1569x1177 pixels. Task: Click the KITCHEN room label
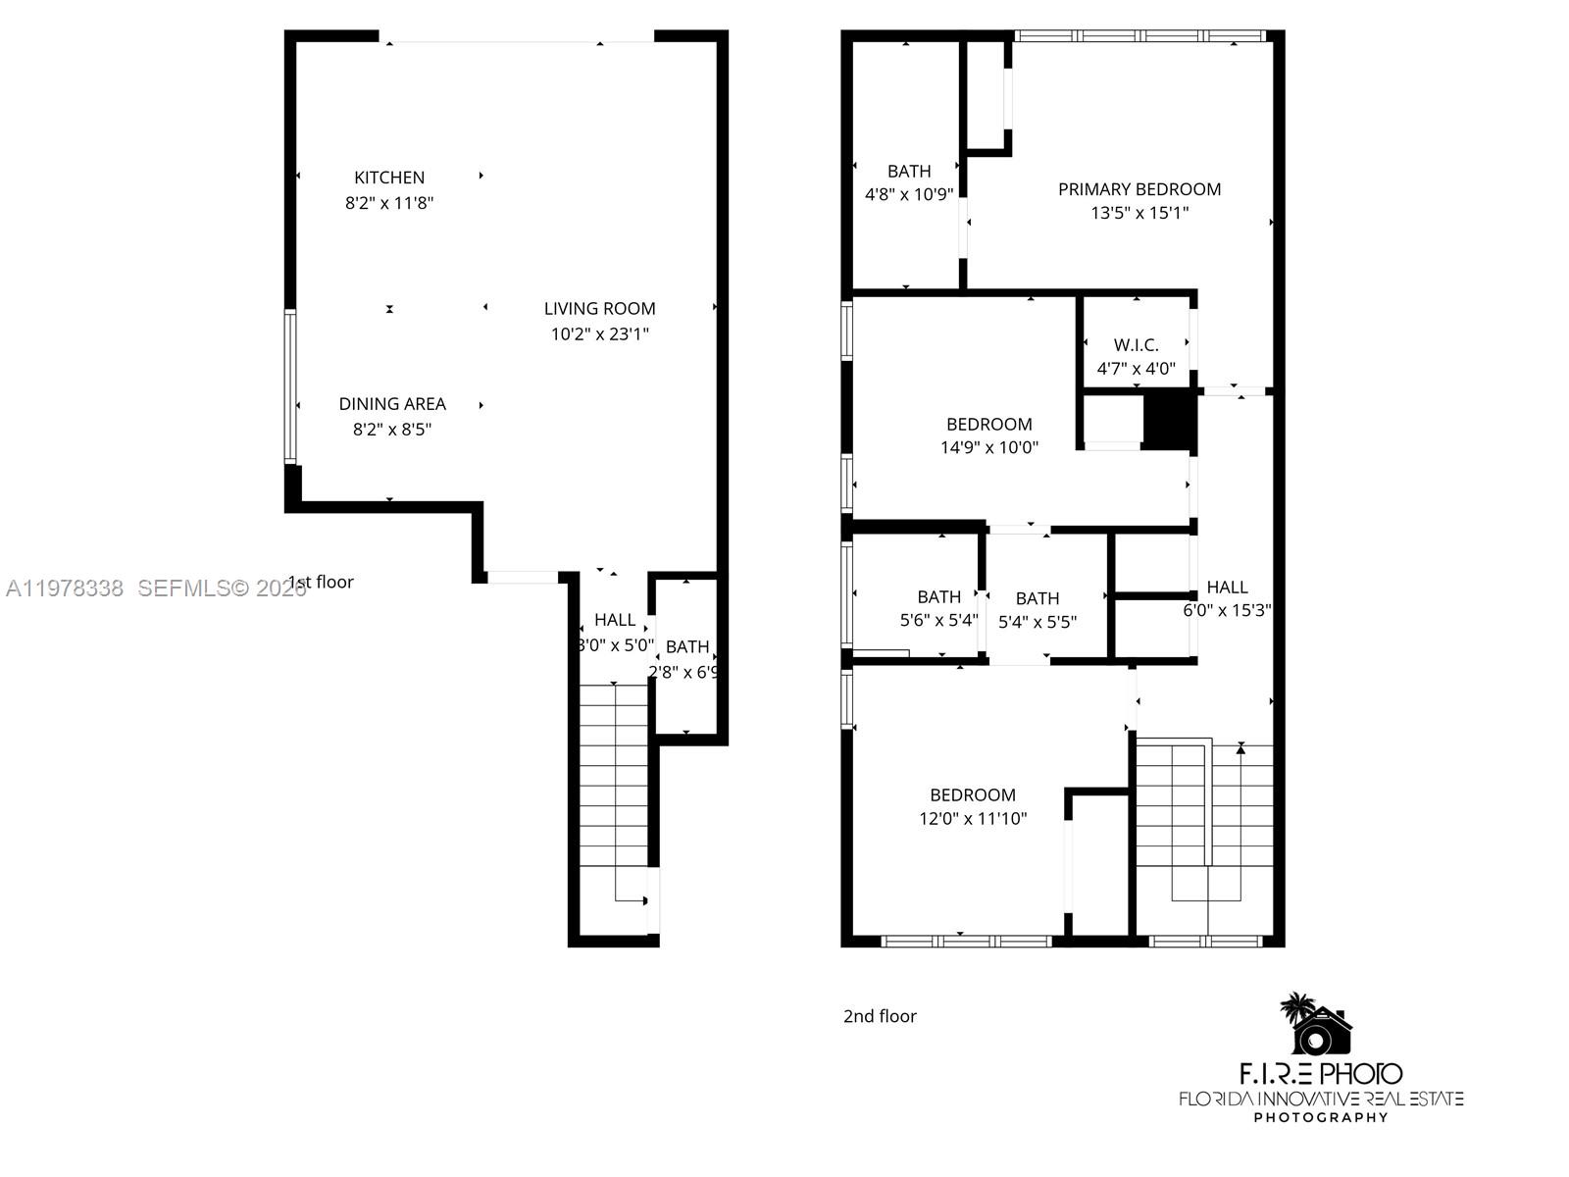coord(389,178)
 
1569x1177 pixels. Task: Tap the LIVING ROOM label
coord(599,308)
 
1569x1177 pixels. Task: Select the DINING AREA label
coord(392,403)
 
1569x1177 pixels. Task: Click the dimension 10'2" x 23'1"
coord(599,333)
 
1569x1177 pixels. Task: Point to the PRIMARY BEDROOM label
coord(1139,189)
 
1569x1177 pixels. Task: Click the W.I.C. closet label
coord(1136,344)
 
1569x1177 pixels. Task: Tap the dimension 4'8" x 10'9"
coord(908,194)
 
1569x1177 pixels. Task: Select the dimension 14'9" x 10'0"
coord(988,447)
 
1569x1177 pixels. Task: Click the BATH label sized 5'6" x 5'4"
coord(938,596)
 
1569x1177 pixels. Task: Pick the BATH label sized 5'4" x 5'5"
coord(1037,597)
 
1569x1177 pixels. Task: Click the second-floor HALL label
coord(1227,587)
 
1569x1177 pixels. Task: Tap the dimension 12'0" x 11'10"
coord(972,818)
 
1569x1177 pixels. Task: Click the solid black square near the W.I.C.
coord(1170,420)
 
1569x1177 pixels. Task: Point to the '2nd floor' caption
coord(880,1016)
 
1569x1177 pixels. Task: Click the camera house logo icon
coord(1319,1025)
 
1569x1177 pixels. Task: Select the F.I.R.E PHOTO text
coord(1320,1073)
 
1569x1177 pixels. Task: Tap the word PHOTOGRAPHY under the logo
coord(1320,1117)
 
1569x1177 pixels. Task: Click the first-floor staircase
coord(614,775)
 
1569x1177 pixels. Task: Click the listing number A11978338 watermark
coord(65,588)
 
